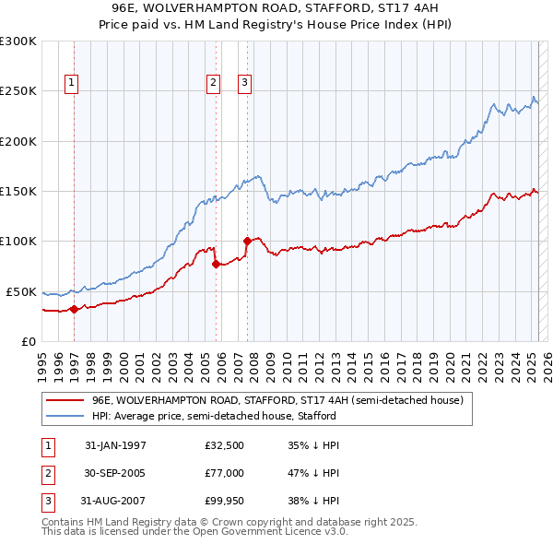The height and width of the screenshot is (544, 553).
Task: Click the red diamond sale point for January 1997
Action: click(x=73, y=309)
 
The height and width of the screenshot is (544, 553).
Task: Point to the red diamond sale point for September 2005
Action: click(x=216, y=264)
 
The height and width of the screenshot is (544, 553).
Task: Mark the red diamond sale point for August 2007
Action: click(x=247, y=242)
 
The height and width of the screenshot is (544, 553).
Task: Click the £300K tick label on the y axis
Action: click(x=18, y=41)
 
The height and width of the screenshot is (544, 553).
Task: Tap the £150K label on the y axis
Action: click(x=18, y=191)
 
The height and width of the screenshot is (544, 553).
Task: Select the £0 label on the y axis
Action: click(x=29, y=341)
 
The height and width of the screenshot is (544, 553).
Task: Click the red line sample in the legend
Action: click(x=65, y=400)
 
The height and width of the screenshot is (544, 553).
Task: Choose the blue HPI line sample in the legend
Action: click(x=65, y=416)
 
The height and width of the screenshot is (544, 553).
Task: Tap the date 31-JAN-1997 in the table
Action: click(x=115, y=445)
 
